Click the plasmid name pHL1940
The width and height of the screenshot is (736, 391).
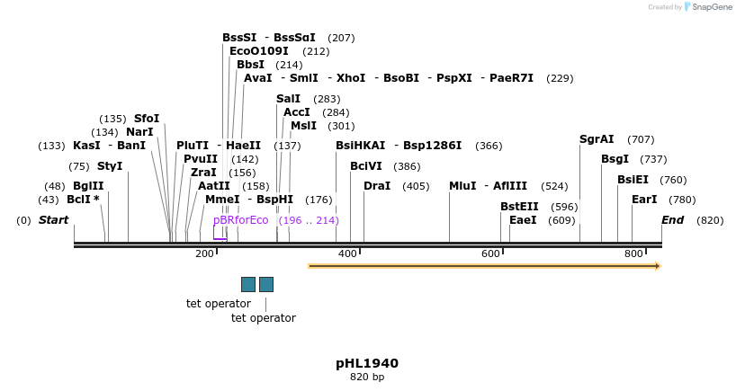[x=367, y=363]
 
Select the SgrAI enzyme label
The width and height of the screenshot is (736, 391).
[x=597, y=139]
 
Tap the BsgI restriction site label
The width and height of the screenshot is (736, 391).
[x=615, y=159]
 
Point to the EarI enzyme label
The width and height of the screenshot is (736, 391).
[x=644, y=200]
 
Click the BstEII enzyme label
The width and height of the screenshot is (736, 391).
[x=519, y=207]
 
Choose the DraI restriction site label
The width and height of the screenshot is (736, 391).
[x=377, y=186]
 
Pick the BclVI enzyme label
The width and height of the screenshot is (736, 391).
[x=366, y=166]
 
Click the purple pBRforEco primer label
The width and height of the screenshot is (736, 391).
[x=240, y=220]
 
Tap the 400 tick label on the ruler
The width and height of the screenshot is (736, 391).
[x=347, y=254]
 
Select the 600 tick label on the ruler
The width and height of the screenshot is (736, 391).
[x=490, y=254]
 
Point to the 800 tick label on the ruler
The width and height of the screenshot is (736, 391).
[x=633, y=254]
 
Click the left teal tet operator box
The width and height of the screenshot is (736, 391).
[x=248, y=284]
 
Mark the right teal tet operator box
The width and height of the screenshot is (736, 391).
[x=266, y=284]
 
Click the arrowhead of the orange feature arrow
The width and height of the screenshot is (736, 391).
[x=659, y=266]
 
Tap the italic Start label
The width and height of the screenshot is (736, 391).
[x=53, y=220]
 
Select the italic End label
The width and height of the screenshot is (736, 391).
[x=673, y=220]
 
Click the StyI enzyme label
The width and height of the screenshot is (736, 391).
[x=110, y=166]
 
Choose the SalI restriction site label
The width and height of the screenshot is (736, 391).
[x=289, y=99]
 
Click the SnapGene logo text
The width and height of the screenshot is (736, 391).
[x=711, y=7]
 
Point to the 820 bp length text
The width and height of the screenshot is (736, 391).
[x=367, y=378]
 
